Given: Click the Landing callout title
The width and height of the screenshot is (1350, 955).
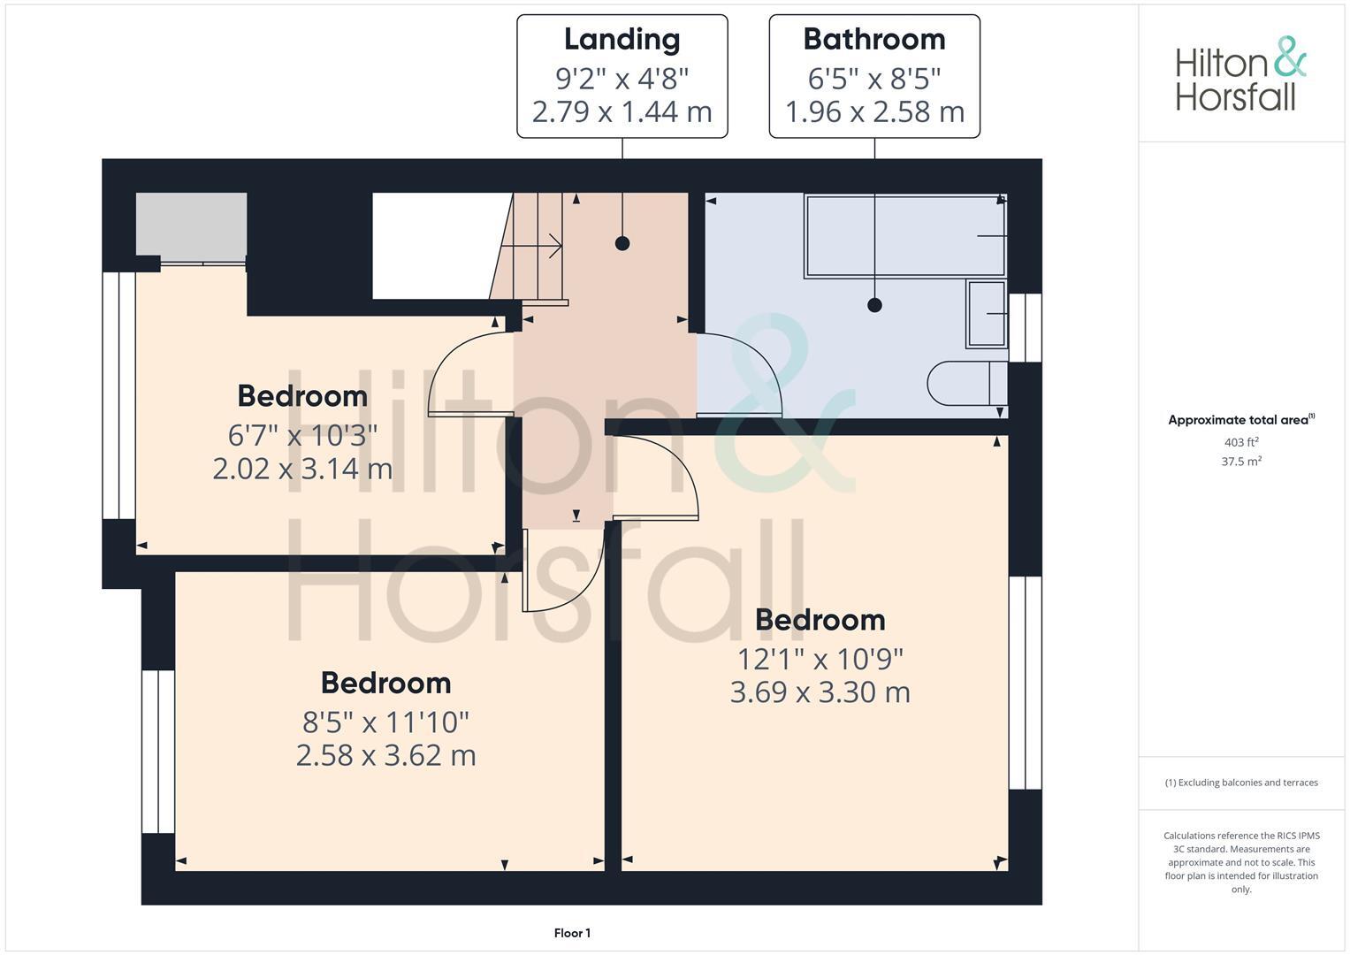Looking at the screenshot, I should coord(622,39).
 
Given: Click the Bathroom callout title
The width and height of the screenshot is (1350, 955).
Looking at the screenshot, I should coord(873,39).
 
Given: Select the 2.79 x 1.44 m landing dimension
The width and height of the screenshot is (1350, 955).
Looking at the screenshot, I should coord(622,112).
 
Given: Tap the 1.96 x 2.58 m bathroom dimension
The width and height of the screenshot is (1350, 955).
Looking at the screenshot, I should coord(873,112).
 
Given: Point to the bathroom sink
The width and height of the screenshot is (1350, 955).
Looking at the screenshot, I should coord(987,314).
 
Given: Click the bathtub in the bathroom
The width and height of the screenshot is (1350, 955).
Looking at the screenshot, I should coord(904,236).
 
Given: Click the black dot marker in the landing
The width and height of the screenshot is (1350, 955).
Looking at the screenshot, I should coord(622,243).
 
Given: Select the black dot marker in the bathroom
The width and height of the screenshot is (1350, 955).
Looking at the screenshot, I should coord(874,305).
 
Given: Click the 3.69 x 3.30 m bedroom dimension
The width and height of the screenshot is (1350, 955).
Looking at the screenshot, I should coord(820,692).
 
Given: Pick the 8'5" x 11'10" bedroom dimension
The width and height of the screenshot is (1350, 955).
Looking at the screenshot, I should coord(385,722).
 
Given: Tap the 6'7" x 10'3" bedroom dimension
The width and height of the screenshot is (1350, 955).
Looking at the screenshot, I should coord(302,435).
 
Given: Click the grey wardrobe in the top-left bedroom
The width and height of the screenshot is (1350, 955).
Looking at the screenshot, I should coord(191,226).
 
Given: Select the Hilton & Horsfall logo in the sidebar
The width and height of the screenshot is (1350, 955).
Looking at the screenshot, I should coord(1239,74).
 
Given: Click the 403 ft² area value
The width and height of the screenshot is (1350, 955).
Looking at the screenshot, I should coord(1241,442).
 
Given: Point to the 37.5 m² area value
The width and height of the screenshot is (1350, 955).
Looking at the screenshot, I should coord(1241,462).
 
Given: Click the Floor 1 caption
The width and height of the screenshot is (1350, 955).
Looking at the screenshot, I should coord(572,933).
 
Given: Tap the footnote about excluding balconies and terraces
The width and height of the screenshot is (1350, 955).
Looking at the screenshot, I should coord(1241,783).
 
